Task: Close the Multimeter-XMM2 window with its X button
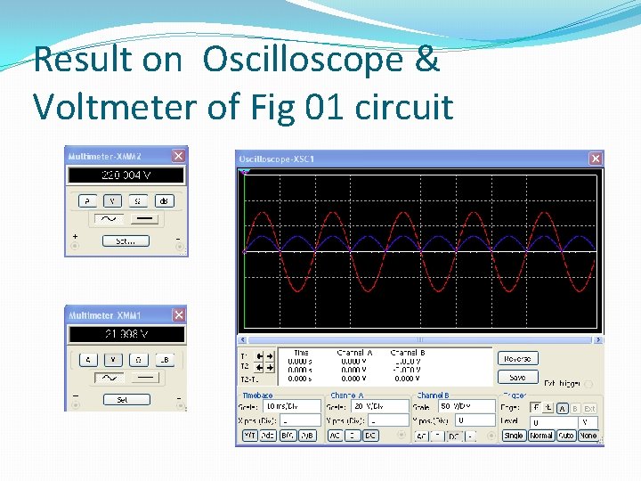tap(178, 156)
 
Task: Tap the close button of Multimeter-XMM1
tap(178, 315)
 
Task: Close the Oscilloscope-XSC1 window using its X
tap(595, 159)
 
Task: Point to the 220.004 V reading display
tap(126, 175)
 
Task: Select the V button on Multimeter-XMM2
tap(112, 201)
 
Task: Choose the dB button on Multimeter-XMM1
tap(164, 360)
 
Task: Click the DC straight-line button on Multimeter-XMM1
tap(146, 379)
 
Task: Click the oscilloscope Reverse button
tap(517, 359)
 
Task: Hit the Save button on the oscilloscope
tap(517, 377)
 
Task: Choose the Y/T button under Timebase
tap(250, 436)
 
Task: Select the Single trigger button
tap(514, 436)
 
